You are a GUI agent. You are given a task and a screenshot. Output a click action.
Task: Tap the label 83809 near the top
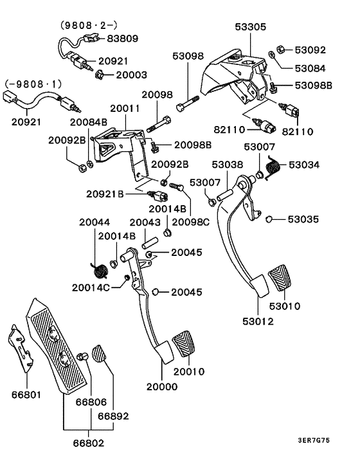coord(123,39)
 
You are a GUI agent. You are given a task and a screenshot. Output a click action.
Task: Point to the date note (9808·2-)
coord(89,25)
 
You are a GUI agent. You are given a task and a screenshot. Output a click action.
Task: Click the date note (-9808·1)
coord(35,84)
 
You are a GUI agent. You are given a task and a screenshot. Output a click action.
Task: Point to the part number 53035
coord(303,219)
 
